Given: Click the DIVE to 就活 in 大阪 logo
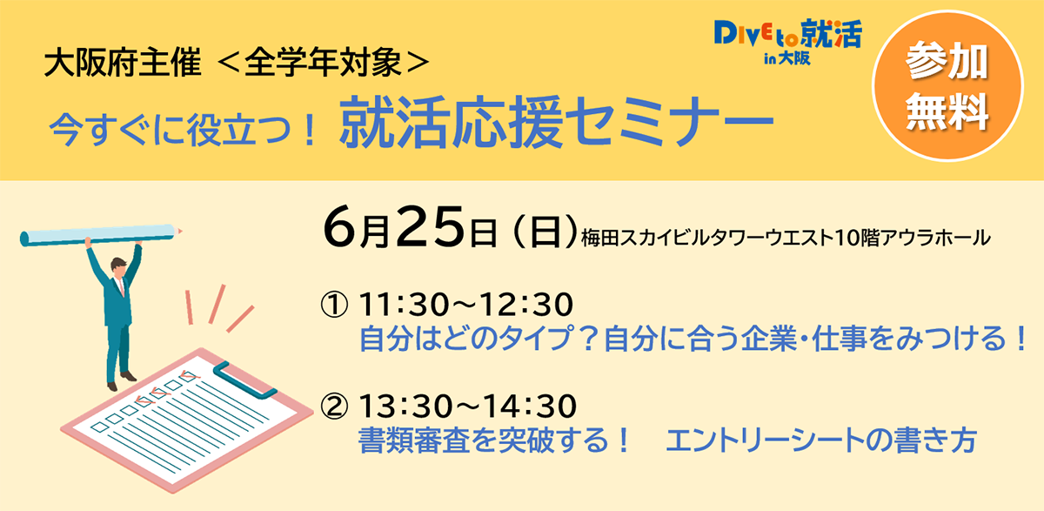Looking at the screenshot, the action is click(787, 42).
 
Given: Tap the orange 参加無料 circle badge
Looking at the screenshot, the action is click(947, 86).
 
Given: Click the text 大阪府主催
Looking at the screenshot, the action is click(123, 63).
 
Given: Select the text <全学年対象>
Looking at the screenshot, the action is click(323, 63).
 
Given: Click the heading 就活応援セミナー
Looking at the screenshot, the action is click(556, 122).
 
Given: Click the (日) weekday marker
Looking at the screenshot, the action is click(545, 232).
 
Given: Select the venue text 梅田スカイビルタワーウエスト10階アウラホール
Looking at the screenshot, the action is click(786, 238).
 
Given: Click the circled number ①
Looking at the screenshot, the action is click(334, 305).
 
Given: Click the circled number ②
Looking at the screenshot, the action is click(334, 406).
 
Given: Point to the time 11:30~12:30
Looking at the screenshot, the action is click(466, 305).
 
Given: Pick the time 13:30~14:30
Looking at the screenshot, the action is click(468, 406).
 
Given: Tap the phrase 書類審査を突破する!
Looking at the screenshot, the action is click(494, 440).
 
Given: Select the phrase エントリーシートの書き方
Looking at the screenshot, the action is click(821, 440).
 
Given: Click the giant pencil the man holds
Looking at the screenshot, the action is click(101, 234).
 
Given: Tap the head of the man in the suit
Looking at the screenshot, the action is click(118, 266).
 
